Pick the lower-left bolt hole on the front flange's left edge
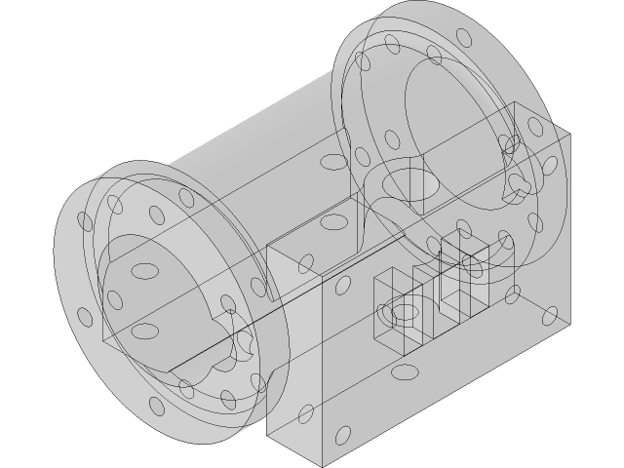click(85, 318)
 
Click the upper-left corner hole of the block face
click(343, 286)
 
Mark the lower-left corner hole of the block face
click(343, 432)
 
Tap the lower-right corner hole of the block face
click(549, 314)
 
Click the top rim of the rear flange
click(429, 21)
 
